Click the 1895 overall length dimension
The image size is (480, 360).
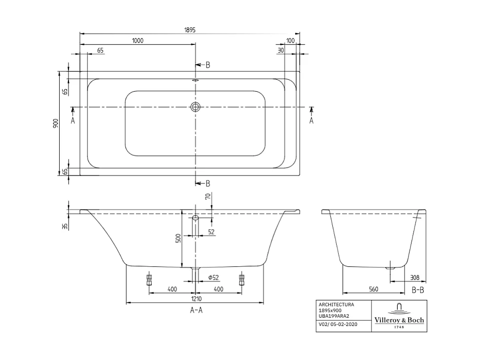pos(190,30)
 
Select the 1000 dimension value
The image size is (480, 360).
pos(137,41)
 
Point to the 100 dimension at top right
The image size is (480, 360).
pos(290,41)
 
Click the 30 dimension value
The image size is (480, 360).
pos(280,50)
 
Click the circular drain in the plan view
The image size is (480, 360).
pos(196,107)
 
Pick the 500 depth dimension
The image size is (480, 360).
pos(179,238)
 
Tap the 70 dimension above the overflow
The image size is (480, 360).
pos(208,197)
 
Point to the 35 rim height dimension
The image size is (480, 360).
pos(65,226)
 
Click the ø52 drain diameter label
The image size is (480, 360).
pos(213,278)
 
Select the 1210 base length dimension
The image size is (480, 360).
pos(196,299)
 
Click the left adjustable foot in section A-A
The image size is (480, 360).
pos(149,280)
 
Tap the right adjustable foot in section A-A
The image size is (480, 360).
pos(241,280)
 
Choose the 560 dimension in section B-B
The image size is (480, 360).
pos(373,289)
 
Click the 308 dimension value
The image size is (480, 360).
pos(414,278)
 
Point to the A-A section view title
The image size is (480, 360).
pos(196,310)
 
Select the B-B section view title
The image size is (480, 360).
pos(417,290)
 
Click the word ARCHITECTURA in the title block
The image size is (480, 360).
pos(336,305)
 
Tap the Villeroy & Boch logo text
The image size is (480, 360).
pos(399,320)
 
